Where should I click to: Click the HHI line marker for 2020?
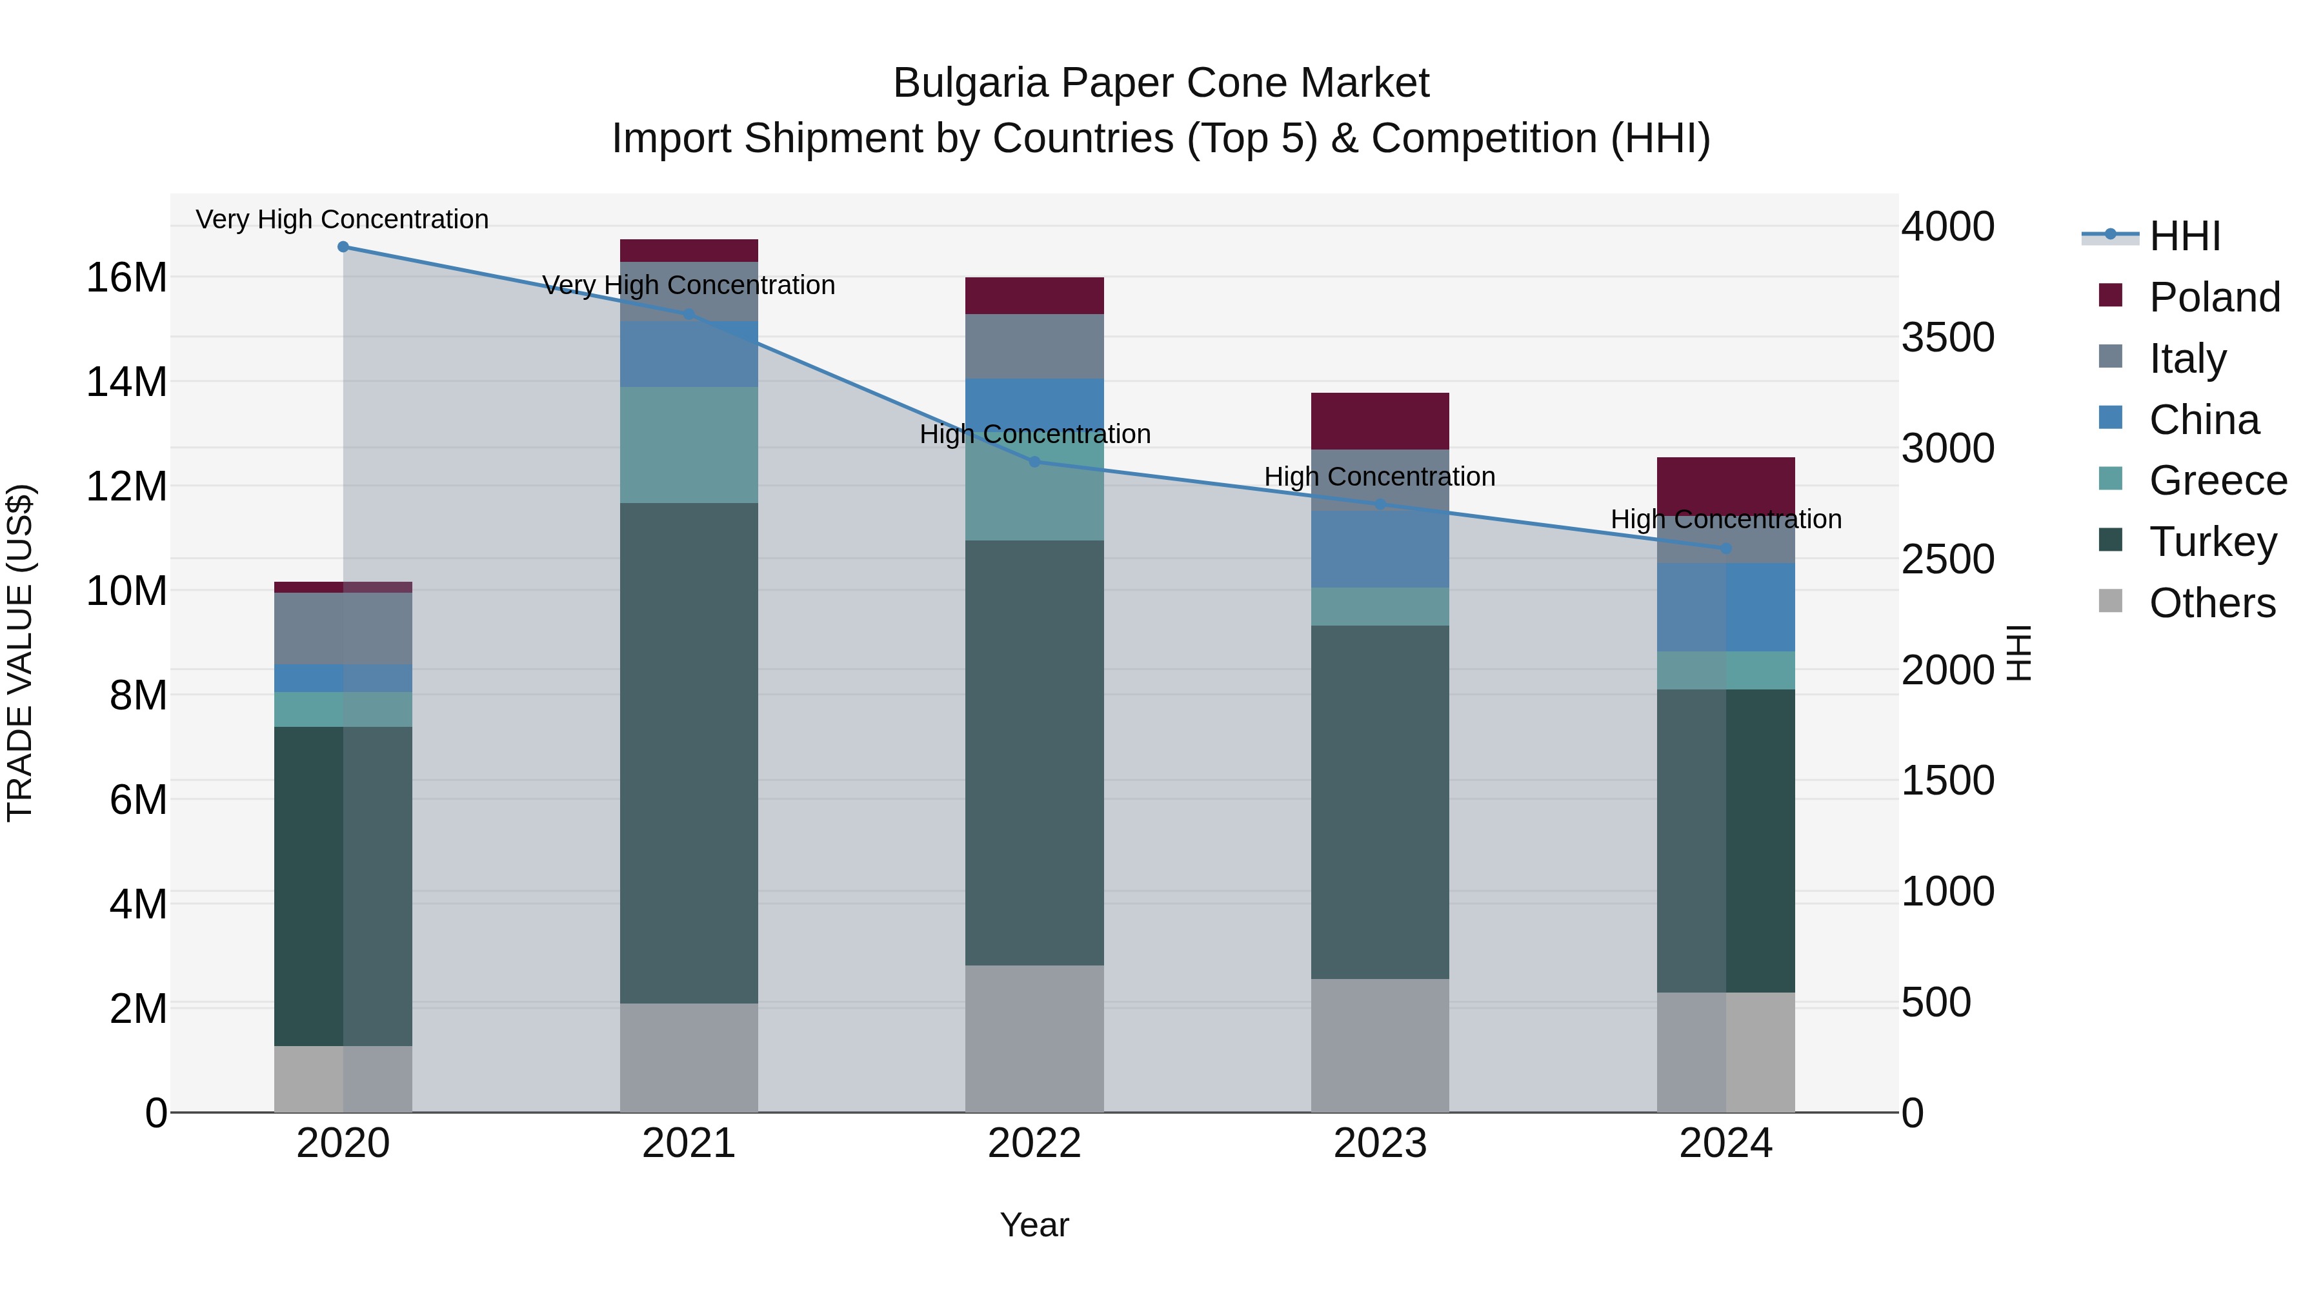pos(343,247)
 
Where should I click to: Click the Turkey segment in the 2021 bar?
pos(689,753)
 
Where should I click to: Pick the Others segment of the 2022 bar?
pos(1034,1038)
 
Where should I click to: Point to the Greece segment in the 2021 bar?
pos(689,444)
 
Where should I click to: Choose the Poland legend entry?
pos(2214,297)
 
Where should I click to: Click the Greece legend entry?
pos(2217,480)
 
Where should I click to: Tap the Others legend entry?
pos(2211,603)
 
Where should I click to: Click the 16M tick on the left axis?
pos(126,277)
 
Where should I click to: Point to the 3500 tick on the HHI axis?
pos(1948,338)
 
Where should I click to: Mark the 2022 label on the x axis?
pos(1034,1143)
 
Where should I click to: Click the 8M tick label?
pos(138,696)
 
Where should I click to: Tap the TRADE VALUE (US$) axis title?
pos(20,653)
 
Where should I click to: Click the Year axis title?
pos(1034,1225)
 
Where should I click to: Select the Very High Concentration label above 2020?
pos(342,219)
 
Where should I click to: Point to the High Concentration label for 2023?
pos(1379,476)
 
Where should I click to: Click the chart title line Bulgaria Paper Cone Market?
pos(1161,83)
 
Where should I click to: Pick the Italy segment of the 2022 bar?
pos(1034,346)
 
